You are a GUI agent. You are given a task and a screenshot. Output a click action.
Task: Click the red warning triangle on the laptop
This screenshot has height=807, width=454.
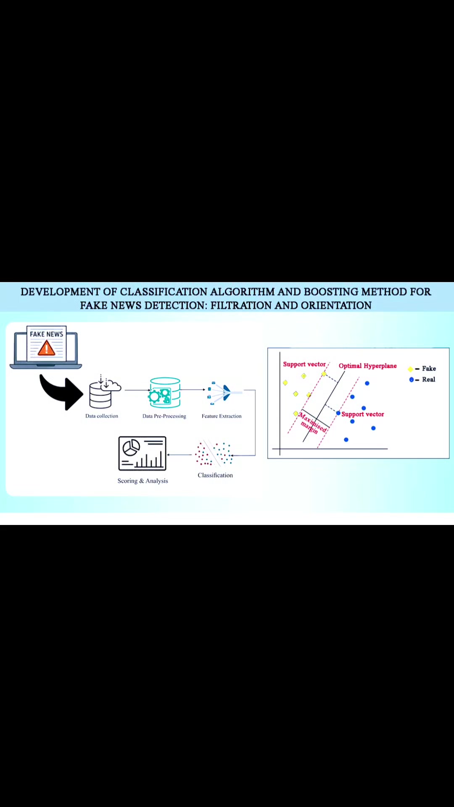46,348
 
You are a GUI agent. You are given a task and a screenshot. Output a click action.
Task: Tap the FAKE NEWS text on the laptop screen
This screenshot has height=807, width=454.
46,334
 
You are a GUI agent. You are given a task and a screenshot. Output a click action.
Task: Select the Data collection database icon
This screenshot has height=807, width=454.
105,391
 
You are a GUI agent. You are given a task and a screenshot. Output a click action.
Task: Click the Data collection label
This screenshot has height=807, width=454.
102,416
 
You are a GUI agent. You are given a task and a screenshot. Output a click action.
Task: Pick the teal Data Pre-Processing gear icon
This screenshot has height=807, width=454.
165,393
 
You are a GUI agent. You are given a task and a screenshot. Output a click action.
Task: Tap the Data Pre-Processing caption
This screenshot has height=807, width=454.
164,416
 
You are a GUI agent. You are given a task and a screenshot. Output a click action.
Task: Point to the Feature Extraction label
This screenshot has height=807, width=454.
222,416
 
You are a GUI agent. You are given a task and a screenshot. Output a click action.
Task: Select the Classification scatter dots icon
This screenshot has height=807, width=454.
214,454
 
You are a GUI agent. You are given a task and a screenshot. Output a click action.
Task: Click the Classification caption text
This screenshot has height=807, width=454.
215,475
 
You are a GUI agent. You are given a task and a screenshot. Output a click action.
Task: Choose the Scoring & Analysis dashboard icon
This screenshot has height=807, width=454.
143,454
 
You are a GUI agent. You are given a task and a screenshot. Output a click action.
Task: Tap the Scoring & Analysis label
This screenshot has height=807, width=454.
143,481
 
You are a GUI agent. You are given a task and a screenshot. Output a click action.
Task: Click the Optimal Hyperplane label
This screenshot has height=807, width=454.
368,366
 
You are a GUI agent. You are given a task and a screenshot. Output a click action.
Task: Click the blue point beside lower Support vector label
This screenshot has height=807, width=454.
338,414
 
